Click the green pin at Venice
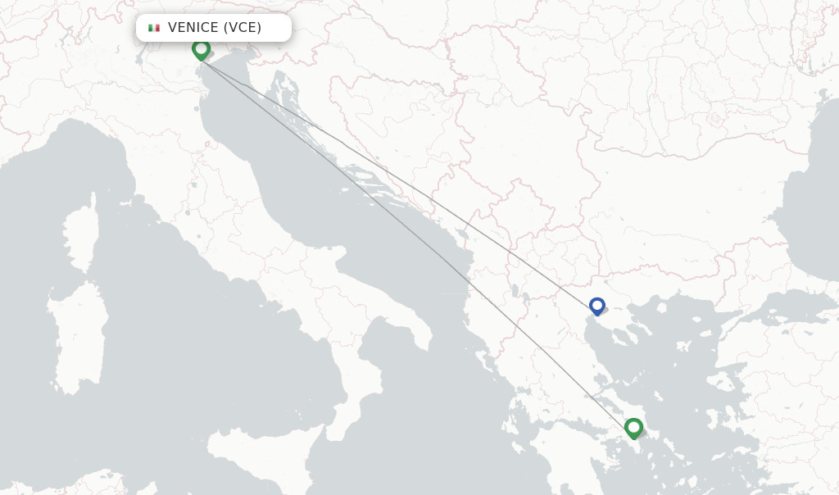click(x=201, y=49)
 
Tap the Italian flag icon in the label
click(x=154, y=28)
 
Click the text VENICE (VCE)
click(x=215, y=28)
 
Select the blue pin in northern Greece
click(x=597, y=306)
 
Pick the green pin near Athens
click(x=633, y=427)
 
